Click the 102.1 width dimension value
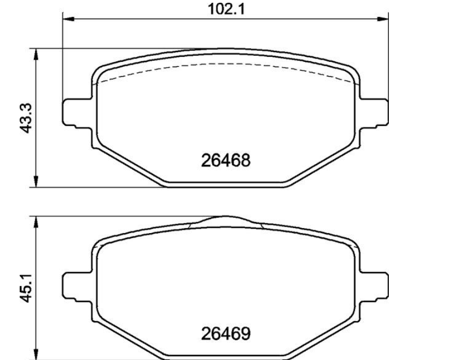tap(226, 9)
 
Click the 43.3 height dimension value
tap(26, 118)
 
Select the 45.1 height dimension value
tap(26, 287)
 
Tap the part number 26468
tap(225, 160)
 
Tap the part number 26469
tap(225, 334)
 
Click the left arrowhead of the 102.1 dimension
tap(68, 19)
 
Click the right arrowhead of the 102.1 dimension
tap(383, 19)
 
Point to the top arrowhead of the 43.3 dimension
tap(36, 54)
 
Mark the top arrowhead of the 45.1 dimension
tap(36, 222)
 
